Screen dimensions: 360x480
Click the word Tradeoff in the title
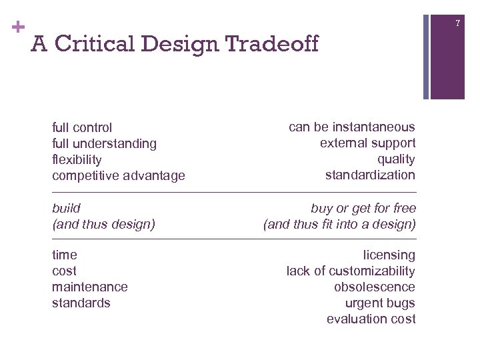click(x=272, y=44)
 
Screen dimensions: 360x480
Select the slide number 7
click(x=458, y=23)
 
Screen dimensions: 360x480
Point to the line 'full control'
click(x=82, y=127)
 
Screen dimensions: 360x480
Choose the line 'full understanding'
click(x=104, y=143)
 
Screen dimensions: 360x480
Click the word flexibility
click(x=77, y=159)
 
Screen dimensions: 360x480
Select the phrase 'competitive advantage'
click(x=119, y=175)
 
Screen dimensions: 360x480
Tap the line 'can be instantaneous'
click(x=351, y=127)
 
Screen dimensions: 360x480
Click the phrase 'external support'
click(x=367, y=143)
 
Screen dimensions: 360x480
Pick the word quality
click(x=396, y=159)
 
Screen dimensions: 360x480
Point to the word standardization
click(x=370, y=175)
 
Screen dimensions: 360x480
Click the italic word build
click(x=66, y=208)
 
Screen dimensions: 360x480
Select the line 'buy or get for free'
click(x=363, y=208)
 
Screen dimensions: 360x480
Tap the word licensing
click(x=389, y=255)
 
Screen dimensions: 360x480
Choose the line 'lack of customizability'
click(x=351, y=271)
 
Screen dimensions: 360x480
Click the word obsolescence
click(x=375, y=287)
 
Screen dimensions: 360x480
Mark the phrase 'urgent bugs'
click(x=380, y=303)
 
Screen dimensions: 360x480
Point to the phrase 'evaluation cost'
click(x=371, y=319)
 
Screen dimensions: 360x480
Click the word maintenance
click(x=90, y=287)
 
